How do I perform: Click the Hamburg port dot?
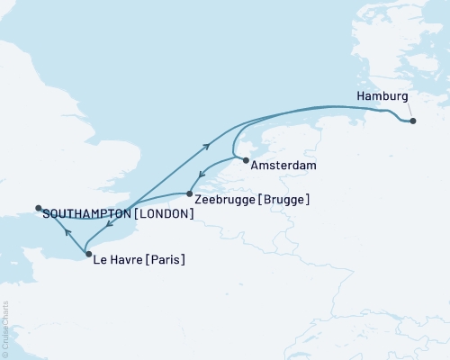click(x=412, y=121)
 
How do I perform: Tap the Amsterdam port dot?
click(x=246, y=161)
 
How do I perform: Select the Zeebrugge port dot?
click(x=188, y=193)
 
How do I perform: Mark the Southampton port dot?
click(x=38, y=209)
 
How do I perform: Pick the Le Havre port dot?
click(x=87, y=255)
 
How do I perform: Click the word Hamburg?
click(x=382, y=96)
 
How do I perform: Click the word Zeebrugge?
click(x=223, y=199)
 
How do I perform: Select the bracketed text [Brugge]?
click(x=283, y=199)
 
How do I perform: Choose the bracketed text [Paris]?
click(x=168, y=261)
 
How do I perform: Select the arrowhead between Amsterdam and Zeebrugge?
click(x=203, y=176)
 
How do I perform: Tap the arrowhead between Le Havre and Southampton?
click(x=66, y=233)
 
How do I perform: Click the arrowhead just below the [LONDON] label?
click(x=112, y=226)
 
